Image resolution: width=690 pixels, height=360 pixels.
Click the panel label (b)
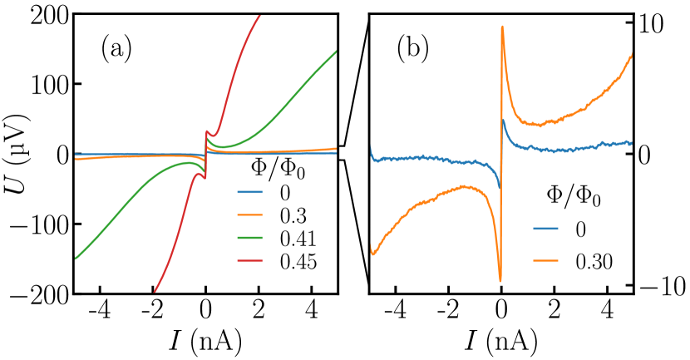click(x=412, y=50)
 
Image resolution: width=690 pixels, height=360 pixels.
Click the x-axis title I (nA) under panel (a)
click(x=205, y=341)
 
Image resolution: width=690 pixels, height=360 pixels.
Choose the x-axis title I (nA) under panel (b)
click(x=500, y=341)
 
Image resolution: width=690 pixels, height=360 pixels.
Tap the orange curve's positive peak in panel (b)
click(x=502, y=27)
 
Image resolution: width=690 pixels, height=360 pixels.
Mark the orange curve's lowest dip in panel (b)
click(x=500, y=281)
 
